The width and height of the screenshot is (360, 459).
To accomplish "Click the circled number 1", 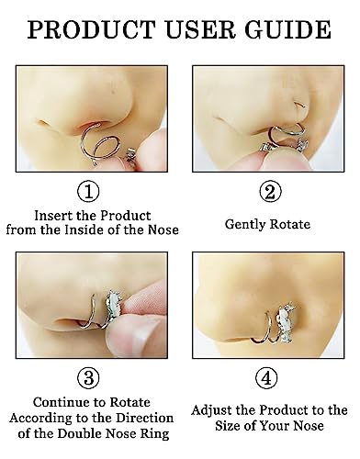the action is (x=88, y=192).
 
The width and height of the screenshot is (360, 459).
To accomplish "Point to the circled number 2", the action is (x=270, y=192).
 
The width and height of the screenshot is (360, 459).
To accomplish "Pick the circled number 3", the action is (x=88, y=378).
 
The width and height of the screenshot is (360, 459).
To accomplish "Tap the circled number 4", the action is (x=266, y=378).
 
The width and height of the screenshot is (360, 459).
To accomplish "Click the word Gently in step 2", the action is (x=245, y=224).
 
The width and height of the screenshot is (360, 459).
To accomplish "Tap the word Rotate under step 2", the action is (x=290, y=224).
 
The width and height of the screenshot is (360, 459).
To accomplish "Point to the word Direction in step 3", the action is (x=147, y=418).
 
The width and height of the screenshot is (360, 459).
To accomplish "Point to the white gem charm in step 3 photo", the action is (x=113, y=307).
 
